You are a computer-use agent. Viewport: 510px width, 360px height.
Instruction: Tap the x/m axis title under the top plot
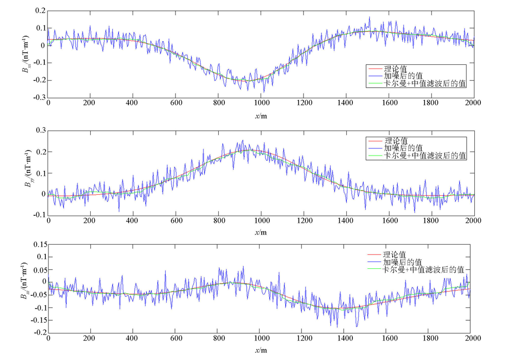261,116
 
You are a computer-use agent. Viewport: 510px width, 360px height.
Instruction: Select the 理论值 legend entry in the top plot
396,68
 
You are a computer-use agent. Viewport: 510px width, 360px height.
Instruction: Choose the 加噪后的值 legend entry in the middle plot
403,148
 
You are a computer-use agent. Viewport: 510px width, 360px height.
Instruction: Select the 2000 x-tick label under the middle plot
474,220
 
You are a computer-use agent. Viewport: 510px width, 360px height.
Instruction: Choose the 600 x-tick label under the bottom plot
175,338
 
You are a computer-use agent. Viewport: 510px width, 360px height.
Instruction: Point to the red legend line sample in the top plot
375,68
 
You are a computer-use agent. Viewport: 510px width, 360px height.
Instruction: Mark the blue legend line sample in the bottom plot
375,262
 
